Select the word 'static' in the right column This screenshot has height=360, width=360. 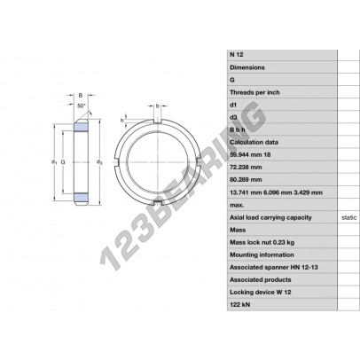coord(350,215)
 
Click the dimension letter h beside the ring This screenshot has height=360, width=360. coord(121,119)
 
